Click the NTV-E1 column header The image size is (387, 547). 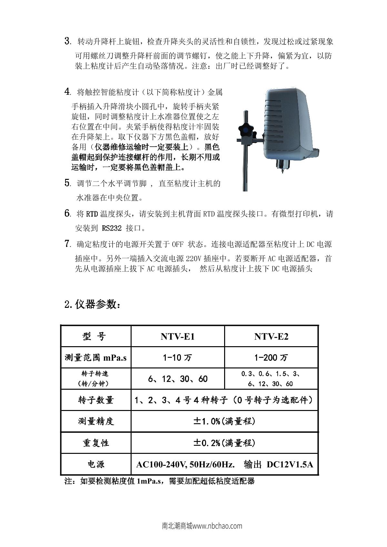[x=178, y=337]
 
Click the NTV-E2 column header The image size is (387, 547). [x=271, y=337]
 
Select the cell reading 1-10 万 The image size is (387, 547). [x=178, y=357]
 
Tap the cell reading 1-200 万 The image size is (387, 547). [x=271, y=357]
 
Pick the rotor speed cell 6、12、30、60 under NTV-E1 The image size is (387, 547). [x=178, y=379]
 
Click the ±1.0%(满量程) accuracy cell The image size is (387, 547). [x=224, y=421]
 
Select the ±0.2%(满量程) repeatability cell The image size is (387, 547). [x=224, y=443]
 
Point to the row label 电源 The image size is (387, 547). [x=96, y=464]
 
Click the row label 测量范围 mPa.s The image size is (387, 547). [x=96, y=357]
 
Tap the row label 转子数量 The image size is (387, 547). [x=96, y=400]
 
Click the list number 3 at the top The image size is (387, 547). [x=67, y=41]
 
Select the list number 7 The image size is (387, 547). [x=67, y=244]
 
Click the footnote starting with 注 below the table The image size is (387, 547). [x=160, y=481]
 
